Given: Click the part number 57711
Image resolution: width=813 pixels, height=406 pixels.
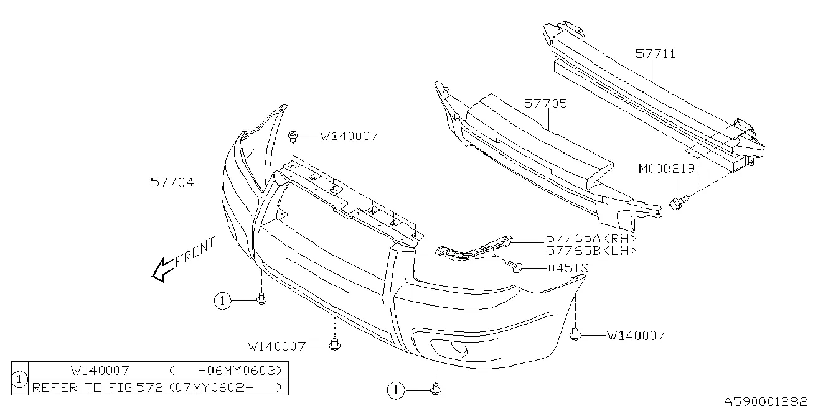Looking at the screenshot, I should (x=656, y=54).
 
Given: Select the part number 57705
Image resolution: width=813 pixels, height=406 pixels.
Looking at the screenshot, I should (x=545, y=104).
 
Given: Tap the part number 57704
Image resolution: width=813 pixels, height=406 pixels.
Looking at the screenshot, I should (x=172, y=182).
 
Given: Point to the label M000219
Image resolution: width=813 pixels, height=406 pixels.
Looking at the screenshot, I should (x=667, y=168).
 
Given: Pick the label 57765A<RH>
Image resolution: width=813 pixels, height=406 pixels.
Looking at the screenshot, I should (x=591, y=238).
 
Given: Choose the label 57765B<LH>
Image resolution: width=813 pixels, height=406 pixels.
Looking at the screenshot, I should (x=591, y=251).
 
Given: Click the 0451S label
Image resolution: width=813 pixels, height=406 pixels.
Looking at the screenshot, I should (x=568, y=268).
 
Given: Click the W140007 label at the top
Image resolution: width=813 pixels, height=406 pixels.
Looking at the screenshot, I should (x=349, y=135).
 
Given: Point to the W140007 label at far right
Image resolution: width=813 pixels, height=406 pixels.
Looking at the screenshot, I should (x=636, y=336).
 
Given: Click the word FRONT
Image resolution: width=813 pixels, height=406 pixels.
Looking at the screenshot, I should (x=195, y=251).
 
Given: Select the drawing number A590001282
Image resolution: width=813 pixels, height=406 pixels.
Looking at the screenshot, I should (x=766, y=400).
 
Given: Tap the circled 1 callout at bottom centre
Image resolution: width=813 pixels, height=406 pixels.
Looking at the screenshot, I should (x=395, y=390).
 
